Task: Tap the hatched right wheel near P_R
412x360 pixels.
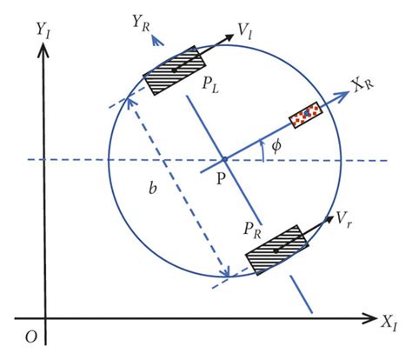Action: tap(275, 252)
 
